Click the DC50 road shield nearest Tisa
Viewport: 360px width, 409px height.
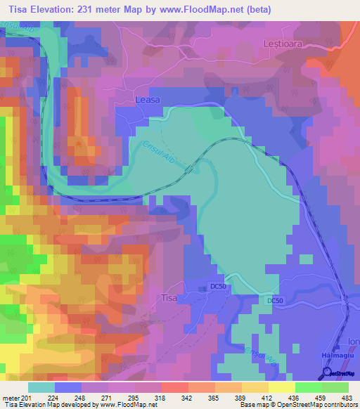[x=219, y=286]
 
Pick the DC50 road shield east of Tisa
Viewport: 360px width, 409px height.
[x=276, y=300]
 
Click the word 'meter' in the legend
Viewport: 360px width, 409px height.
[x=10, y=398]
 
